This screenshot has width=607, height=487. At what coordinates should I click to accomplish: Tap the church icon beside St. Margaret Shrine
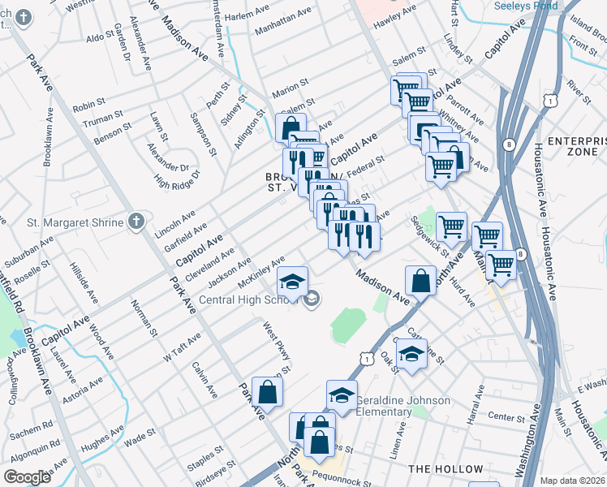[x=136, y=221]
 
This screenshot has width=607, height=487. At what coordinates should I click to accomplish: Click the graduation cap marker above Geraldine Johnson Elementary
[x=342, y=395]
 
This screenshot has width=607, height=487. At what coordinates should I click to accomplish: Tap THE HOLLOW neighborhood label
[x=446, y=469]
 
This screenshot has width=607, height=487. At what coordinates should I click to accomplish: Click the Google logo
[x=27, y=477]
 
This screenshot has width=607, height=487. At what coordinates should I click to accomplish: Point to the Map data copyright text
[x=573, y=481]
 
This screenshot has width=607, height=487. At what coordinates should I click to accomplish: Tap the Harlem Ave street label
[x=246, y=15]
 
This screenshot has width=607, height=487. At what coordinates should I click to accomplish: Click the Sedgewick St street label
[x=430, y=236]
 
